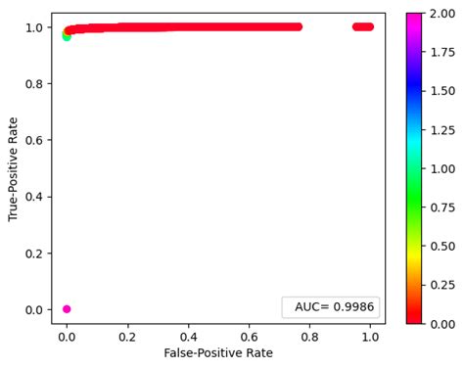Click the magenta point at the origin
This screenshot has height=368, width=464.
click(67, 309)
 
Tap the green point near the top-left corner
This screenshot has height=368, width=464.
click(67, 35)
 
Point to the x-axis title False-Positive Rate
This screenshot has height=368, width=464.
click(218, 352)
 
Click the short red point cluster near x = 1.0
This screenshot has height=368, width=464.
click(363, 26)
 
